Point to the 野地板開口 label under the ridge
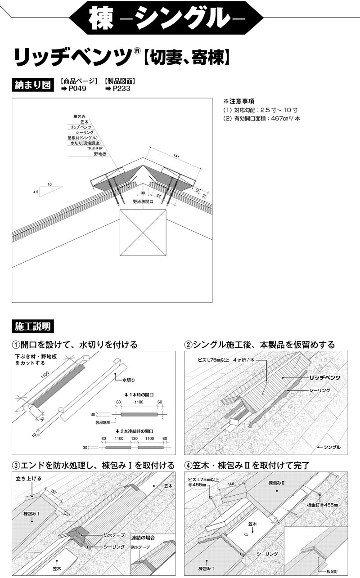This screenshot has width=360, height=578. pos(143,202)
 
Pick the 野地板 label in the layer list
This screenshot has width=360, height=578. pos(99,154)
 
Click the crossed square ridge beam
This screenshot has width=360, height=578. pos(143,233)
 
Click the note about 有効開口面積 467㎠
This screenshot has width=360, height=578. pos(261,118)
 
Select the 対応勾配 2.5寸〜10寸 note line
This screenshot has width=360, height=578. pos(260,110)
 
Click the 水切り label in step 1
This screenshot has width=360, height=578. pos(129,380)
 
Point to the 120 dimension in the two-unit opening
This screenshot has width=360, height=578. pos(134,438)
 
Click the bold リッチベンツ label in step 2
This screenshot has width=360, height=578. pos(324,377)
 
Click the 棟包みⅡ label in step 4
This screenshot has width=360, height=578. pos(277,483)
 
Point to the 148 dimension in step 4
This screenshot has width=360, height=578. pos(231,484)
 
